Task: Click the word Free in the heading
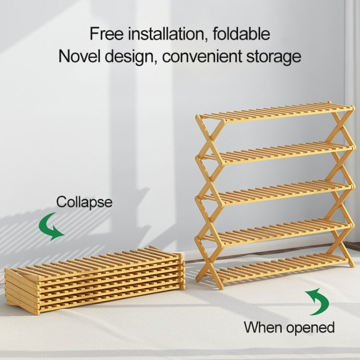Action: (x=106, y=34)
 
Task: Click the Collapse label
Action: (x=84, y=202)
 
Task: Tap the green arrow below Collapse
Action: (x=51, y=228)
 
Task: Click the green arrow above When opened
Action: (x=317, y=301)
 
